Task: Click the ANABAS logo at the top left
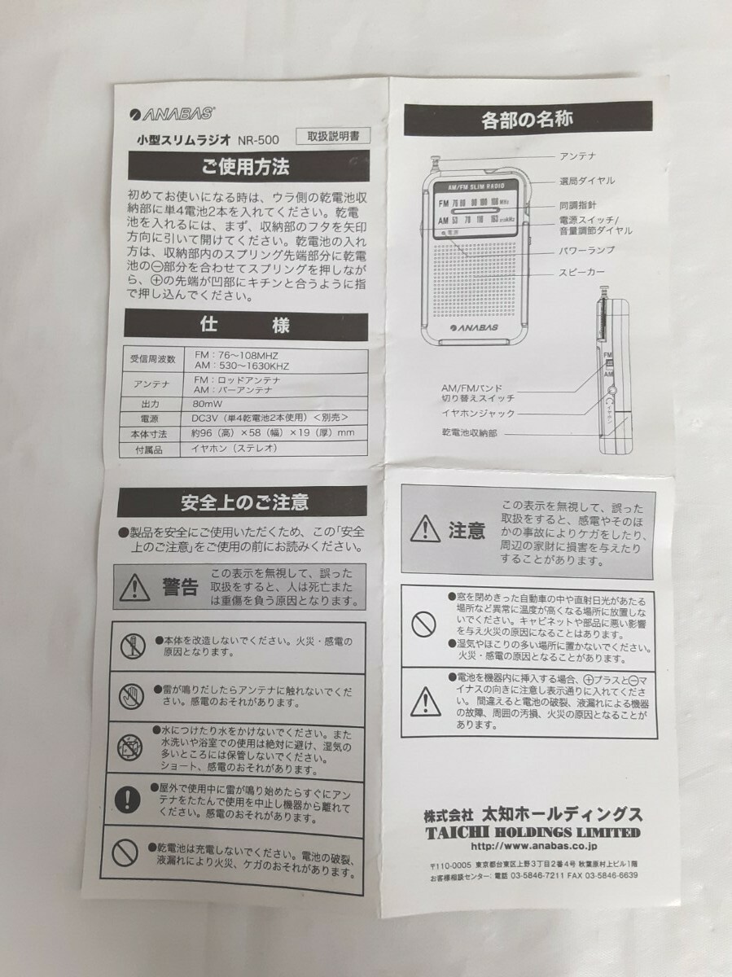[160, 115]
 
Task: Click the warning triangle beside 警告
[135, 585]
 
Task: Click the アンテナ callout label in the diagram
[577, 156]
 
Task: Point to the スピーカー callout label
[581, 273]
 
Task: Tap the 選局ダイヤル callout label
[586, 180]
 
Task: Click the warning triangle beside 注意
[425, 530]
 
